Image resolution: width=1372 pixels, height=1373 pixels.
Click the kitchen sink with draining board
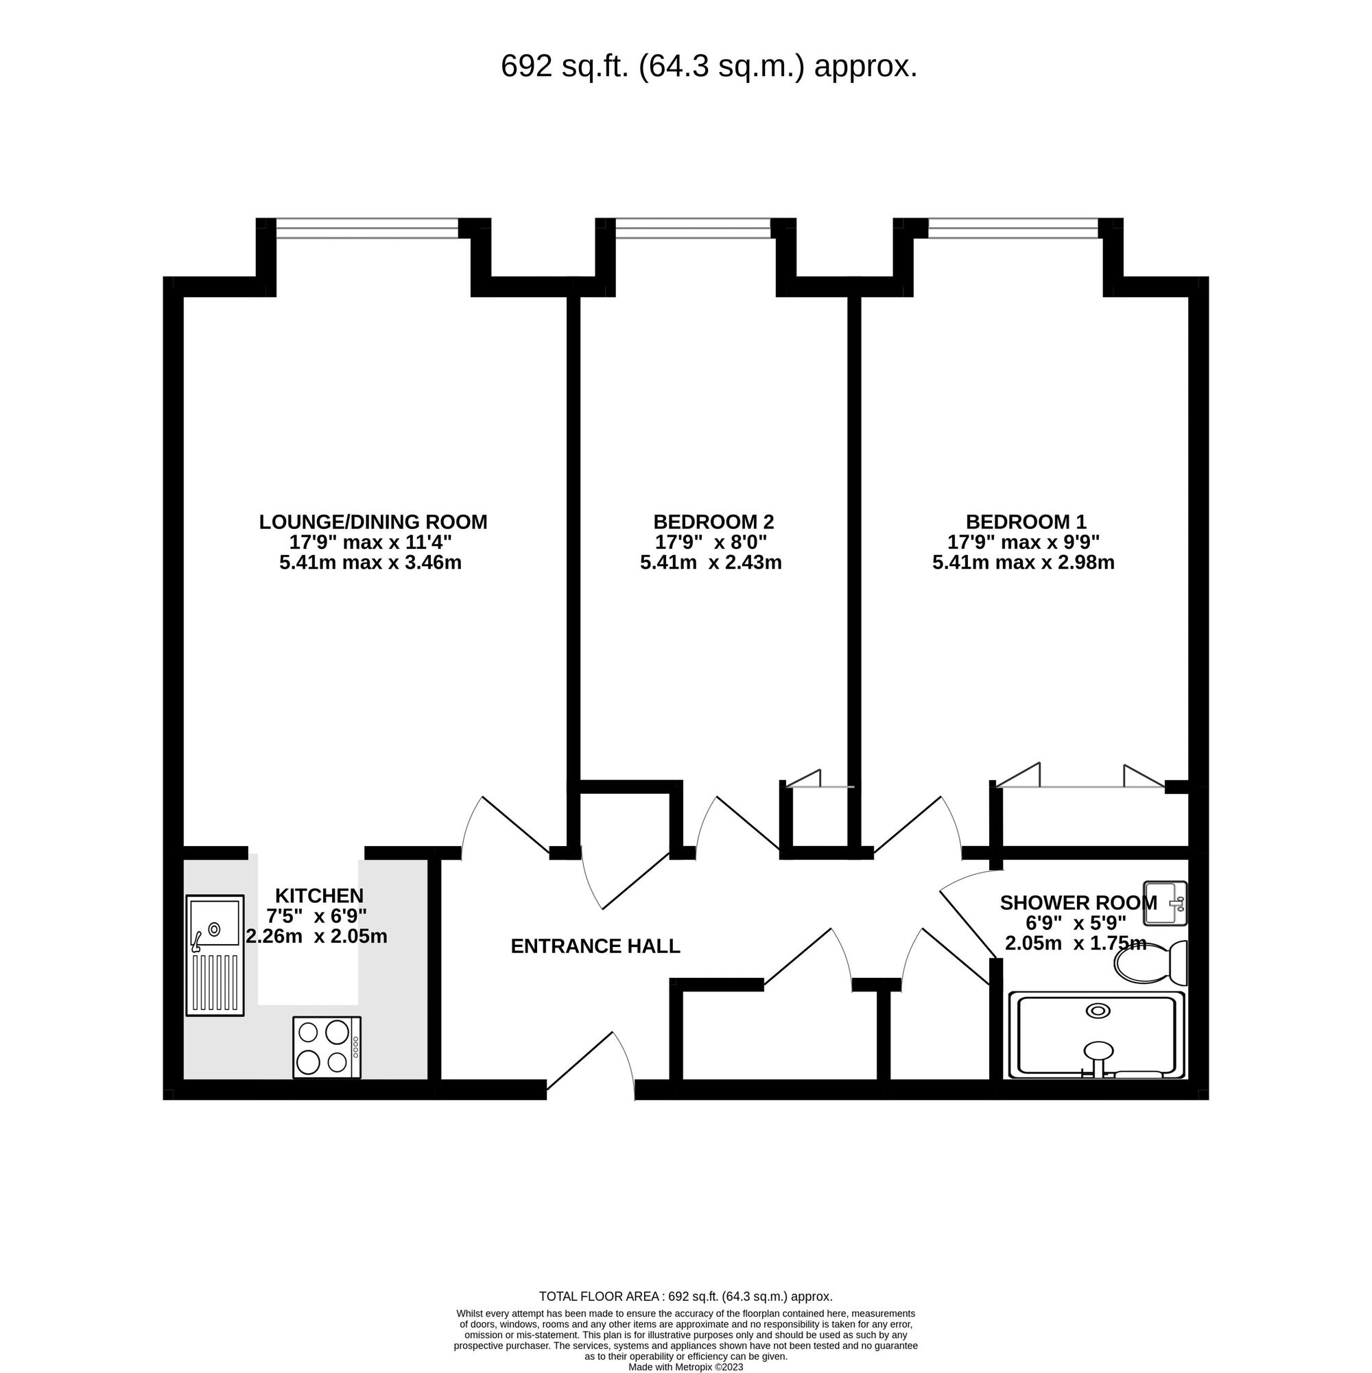pos(215,955)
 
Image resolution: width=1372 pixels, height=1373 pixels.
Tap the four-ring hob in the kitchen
pos(327,1047)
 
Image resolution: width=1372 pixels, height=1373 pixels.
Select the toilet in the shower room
pos(1151,962)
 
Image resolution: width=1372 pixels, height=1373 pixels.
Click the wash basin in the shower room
pos(1165,903)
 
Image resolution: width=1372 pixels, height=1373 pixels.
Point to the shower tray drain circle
pos(1098,1011)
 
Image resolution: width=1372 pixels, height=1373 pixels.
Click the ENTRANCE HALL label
pos(595,947)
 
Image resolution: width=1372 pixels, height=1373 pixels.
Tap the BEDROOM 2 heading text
pos(713,522)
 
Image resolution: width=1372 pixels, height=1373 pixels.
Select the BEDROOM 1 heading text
pos(1026,522)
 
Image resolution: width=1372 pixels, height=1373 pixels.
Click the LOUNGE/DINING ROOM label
pos(373,522)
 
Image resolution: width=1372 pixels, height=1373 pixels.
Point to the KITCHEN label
pos(319,895)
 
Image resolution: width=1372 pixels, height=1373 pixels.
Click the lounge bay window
pos(367,228)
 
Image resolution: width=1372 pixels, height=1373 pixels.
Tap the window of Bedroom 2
pos(693,228)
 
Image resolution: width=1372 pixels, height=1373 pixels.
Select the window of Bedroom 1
pos(1013,228)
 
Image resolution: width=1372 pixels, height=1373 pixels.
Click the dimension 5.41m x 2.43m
pos(711,563)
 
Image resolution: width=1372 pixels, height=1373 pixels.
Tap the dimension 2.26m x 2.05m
pos(317,937)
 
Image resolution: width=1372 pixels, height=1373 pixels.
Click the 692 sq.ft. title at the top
pos(709,67)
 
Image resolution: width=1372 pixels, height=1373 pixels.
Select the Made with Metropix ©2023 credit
pos(685,1367)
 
